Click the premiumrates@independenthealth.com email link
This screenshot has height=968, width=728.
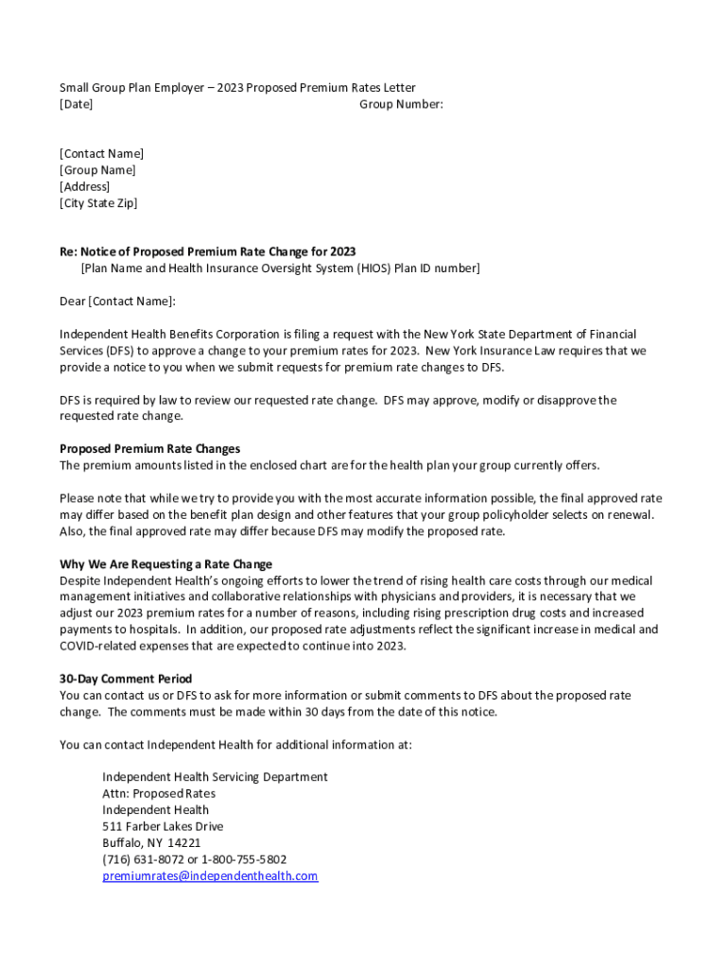[210, 876]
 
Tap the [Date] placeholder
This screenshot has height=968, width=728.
[76, 104]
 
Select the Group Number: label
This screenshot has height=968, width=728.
[401, 104]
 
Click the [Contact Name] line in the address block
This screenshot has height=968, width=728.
[101, 153]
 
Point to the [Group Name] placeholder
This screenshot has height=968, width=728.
[97, 170]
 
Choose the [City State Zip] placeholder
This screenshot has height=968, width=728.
[98, 203]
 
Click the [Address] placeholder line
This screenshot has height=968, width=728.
[84, 186]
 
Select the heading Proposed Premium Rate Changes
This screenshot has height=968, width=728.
[149, 449]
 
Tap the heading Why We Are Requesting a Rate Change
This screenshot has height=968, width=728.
[165, 564]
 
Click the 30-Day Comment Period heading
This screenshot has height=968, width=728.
[126, 679]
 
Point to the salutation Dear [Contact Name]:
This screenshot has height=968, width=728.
[117, 301]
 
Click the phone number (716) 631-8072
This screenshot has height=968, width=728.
[141, 859]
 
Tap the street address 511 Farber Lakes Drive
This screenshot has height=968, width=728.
[163, 826]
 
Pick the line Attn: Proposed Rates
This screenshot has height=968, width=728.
[159, 793]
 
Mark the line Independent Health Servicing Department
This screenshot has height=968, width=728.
[215, 777]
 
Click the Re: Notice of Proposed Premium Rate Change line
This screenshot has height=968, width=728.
[207, 251]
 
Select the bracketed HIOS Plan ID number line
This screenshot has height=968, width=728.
[280, 268]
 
